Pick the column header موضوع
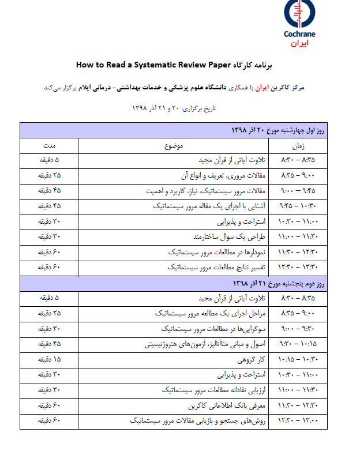pyautogui.click(x=176, y=146)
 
